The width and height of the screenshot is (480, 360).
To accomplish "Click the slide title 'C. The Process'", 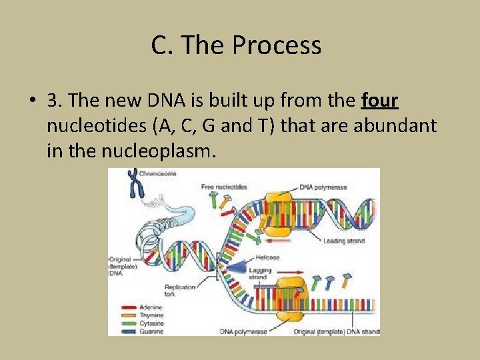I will point(236,45).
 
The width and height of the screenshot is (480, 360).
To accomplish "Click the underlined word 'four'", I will point(379,101).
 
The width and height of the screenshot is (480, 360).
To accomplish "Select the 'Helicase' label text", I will point(267,257).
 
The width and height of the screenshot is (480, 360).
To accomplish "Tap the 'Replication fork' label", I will point(180,289).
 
